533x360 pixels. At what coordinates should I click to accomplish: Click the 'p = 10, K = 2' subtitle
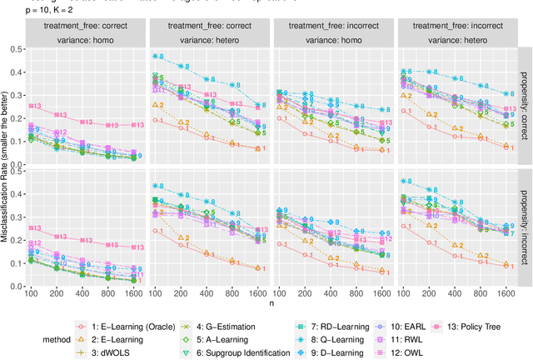tap(29, 12)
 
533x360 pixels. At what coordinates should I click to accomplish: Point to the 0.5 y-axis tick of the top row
tap(17, 49)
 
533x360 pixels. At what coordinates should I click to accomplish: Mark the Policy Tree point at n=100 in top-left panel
tap(31, 106)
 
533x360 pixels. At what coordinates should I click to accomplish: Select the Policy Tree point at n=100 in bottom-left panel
tap(31, 227)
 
